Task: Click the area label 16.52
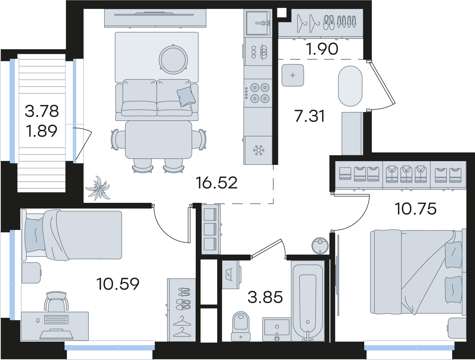(x=216, y=183)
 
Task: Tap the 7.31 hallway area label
(x=310, y=116)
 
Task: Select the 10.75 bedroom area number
(x=416, y=209)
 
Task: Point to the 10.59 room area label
(x=118, y=284)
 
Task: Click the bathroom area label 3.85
(x=265, y=297)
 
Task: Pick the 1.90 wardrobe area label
(x=322, y=49)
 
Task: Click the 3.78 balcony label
(x=42, y=111)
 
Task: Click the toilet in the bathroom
(x=241, y=327)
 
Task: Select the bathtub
(x=308, y=301)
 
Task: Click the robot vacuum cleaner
(x=320, y=246)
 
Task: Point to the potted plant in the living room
(x=98, y=188)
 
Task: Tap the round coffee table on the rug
(x=173, y=59)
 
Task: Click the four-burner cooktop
(x=258, y=93)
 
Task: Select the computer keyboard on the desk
(x=56, y=320)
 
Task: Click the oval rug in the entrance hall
(x=350, y=86)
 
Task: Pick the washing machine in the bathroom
(x=231, y=275)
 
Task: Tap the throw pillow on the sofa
(x=186, y=97)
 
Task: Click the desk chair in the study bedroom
(x=56, y=301)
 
